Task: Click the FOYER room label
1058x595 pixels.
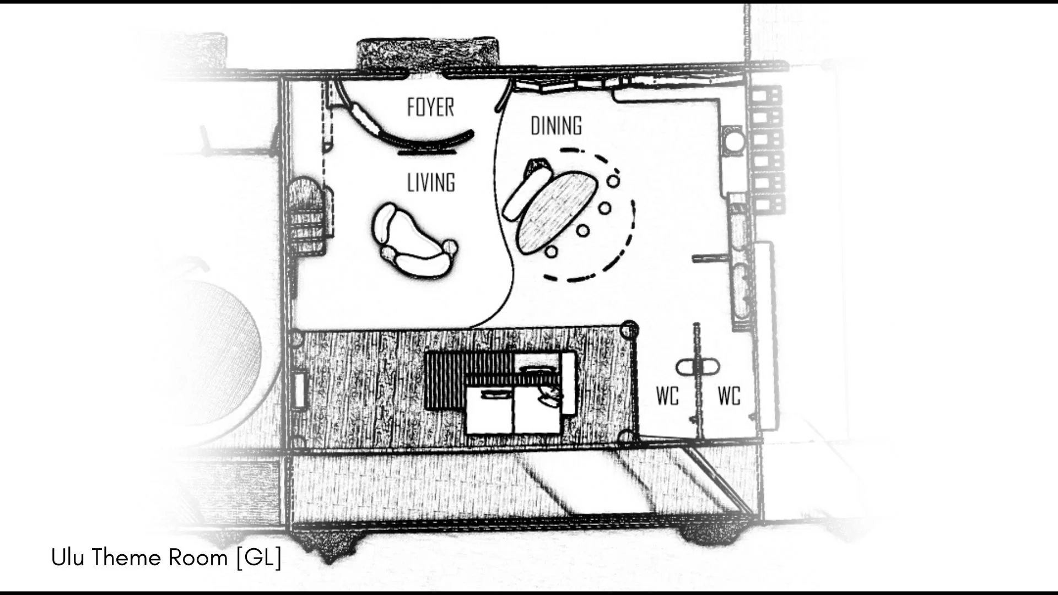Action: click(430, 107)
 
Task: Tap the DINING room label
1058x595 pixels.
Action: click(556, 126)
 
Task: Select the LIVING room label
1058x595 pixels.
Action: click(431, 182)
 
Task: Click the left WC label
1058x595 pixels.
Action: click(667, 396)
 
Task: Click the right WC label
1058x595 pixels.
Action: click(729, 396)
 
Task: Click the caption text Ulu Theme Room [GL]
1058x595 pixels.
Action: click(166, 558)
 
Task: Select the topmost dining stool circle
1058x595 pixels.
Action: click(613, 180)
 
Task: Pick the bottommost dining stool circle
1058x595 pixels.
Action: click(551, 252)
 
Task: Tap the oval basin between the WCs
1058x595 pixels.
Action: click(698, 367)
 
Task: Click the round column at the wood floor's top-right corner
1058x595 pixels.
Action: click(629, 330)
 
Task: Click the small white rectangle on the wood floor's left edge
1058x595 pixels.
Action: click(300, 390)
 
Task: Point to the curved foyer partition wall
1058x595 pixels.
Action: click(402, 124)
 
